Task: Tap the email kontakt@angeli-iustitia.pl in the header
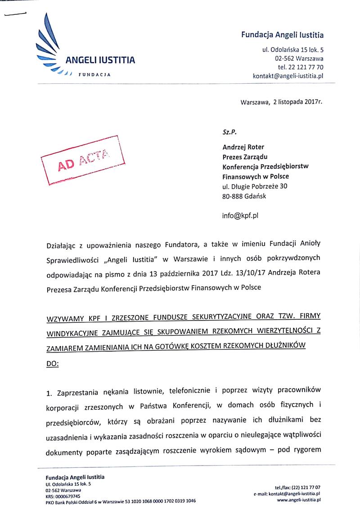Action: pyautogui.click(x=288, y=77)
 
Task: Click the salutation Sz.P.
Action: pyautogui.click(x=229, y=132)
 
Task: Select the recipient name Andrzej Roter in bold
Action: pyautogui.click(x=243, y=147)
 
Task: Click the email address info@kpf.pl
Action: pyautogui.click(x=240, y=215)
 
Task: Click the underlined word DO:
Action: pyautogui.click(x=52, y=362)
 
